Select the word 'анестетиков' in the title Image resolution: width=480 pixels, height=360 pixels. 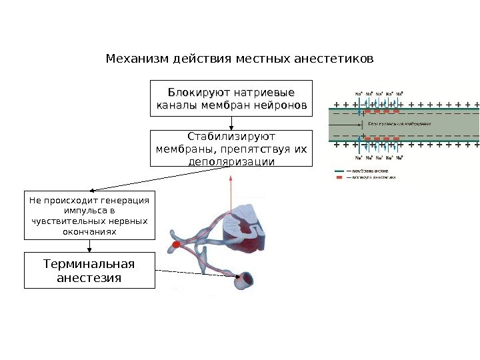[x=341, y=58]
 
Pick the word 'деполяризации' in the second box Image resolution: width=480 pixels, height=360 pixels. [x=231, y=161]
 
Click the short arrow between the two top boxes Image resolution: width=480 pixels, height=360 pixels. [x=231, y=123]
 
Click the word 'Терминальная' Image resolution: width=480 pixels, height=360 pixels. [x=89, y=263]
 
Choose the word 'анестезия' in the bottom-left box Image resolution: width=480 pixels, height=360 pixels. [x=89, y=277]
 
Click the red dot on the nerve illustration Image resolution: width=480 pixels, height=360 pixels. [x=176, y=246]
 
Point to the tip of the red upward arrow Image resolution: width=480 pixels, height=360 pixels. [x=231, y=177]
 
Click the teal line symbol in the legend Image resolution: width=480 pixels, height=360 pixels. [x=339, y=171]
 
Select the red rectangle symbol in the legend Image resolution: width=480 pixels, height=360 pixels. [x=339, y=178]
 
